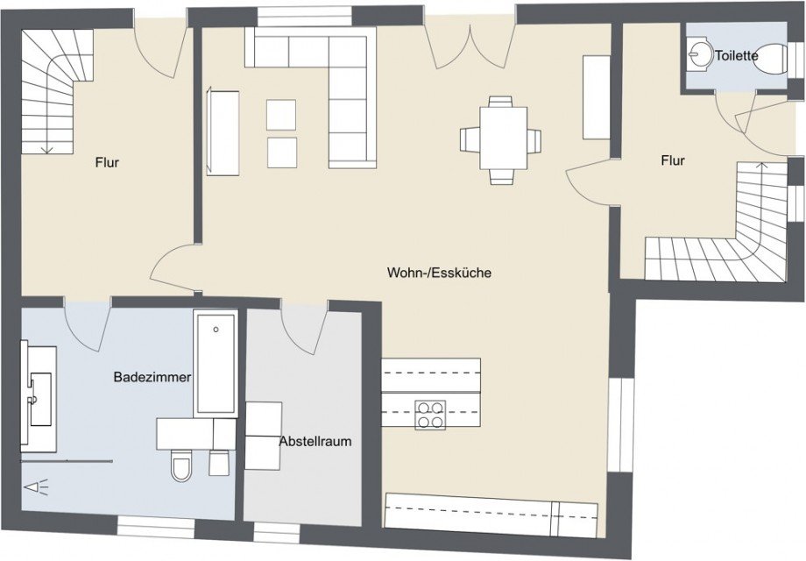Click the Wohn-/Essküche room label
(x=439, y=273)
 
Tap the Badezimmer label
(x=152, y=377)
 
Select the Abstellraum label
(x=315, y=441)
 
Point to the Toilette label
(x=736, y=55)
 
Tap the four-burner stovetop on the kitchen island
(x=429, y=414)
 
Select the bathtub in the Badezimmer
(x=216, y=363)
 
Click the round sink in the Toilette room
(x=698, y=53)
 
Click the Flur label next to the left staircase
(x=108, y=162)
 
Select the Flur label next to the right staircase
(x=673, y=160)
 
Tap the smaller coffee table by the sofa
(x=281, y=152)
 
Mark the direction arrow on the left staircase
(x=46, y=148)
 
